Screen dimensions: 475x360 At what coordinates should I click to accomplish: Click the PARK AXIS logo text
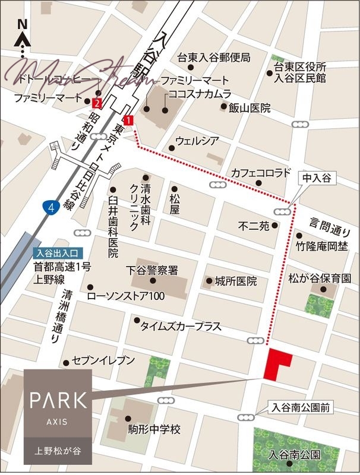pos(58,400)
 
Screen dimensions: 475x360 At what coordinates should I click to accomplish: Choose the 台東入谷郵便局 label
pos(214,58)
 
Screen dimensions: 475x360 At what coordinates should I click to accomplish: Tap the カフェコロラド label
pos(261,173)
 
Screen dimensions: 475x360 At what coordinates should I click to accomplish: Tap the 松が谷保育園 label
pos(320,278)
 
